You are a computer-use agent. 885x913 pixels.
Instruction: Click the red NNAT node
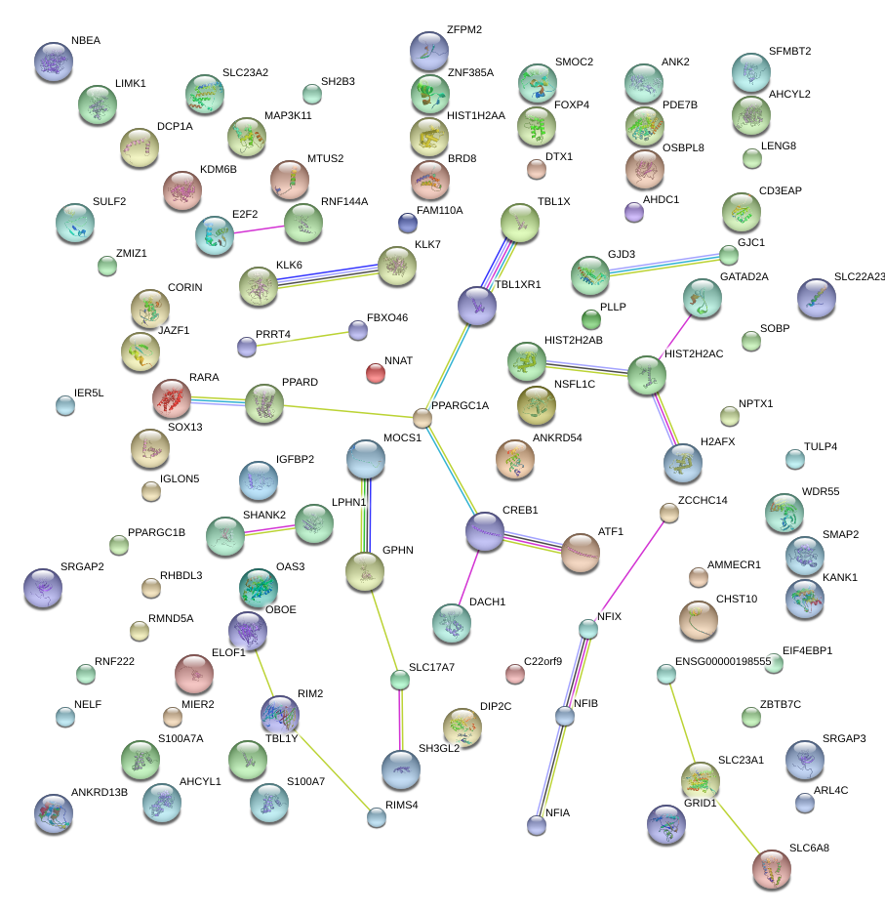coord(376,373)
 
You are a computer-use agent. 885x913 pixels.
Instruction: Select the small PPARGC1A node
coord(422,418)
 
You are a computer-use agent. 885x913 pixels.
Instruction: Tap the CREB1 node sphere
coord(485,531)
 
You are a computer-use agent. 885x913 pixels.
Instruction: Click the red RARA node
coord(172,398)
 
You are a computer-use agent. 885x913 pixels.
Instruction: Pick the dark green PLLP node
coord(591,319)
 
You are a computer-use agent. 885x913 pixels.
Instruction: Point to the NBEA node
coord(54,62)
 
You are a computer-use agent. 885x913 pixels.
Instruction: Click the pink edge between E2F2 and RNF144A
coord(259,229)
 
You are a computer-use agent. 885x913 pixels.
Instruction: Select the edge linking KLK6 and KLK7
coord(328,276)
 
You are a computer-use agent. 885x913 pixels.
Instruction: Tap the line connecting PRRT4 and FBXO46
coord(302,340)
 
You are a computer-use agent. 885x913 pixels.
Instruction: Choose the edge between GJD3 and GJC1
coord(665,265)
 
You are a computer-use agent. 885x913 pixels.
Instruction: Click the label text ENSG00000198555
coord(723,661)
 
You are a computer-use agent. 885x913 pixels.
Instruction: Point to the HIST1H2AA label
coord(476,116)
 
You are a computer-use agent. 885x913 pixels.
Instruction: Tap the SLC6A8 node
coord(772,869)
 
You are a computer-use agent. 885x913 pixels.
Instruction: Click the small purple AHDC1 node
coord(634,213)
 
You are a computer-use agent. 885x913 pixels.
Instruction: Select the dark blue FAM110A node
coord(408,223)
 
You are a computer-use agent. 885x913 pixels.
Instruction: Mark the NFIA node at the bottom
coord(537,824)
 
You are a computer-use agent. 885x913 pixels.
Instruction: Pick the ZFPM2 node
coord(429,51)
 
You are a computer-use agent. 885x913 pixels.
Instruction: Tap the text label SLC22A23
coord(860,276)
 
